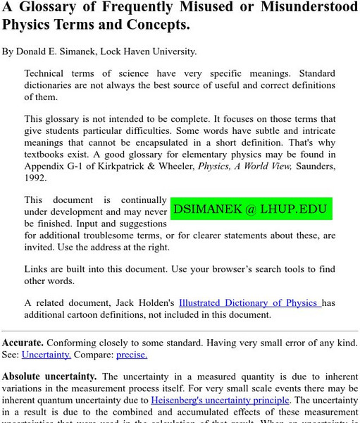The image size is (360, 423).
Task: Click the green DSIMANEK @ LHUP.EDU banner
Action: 251,209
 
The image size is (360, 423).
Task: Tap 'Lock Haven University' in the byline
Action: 161,51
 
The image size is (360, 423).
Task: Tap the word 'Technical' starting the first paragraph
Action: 47,73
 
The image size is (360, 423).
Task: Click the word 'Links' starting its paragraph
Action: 37,269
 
